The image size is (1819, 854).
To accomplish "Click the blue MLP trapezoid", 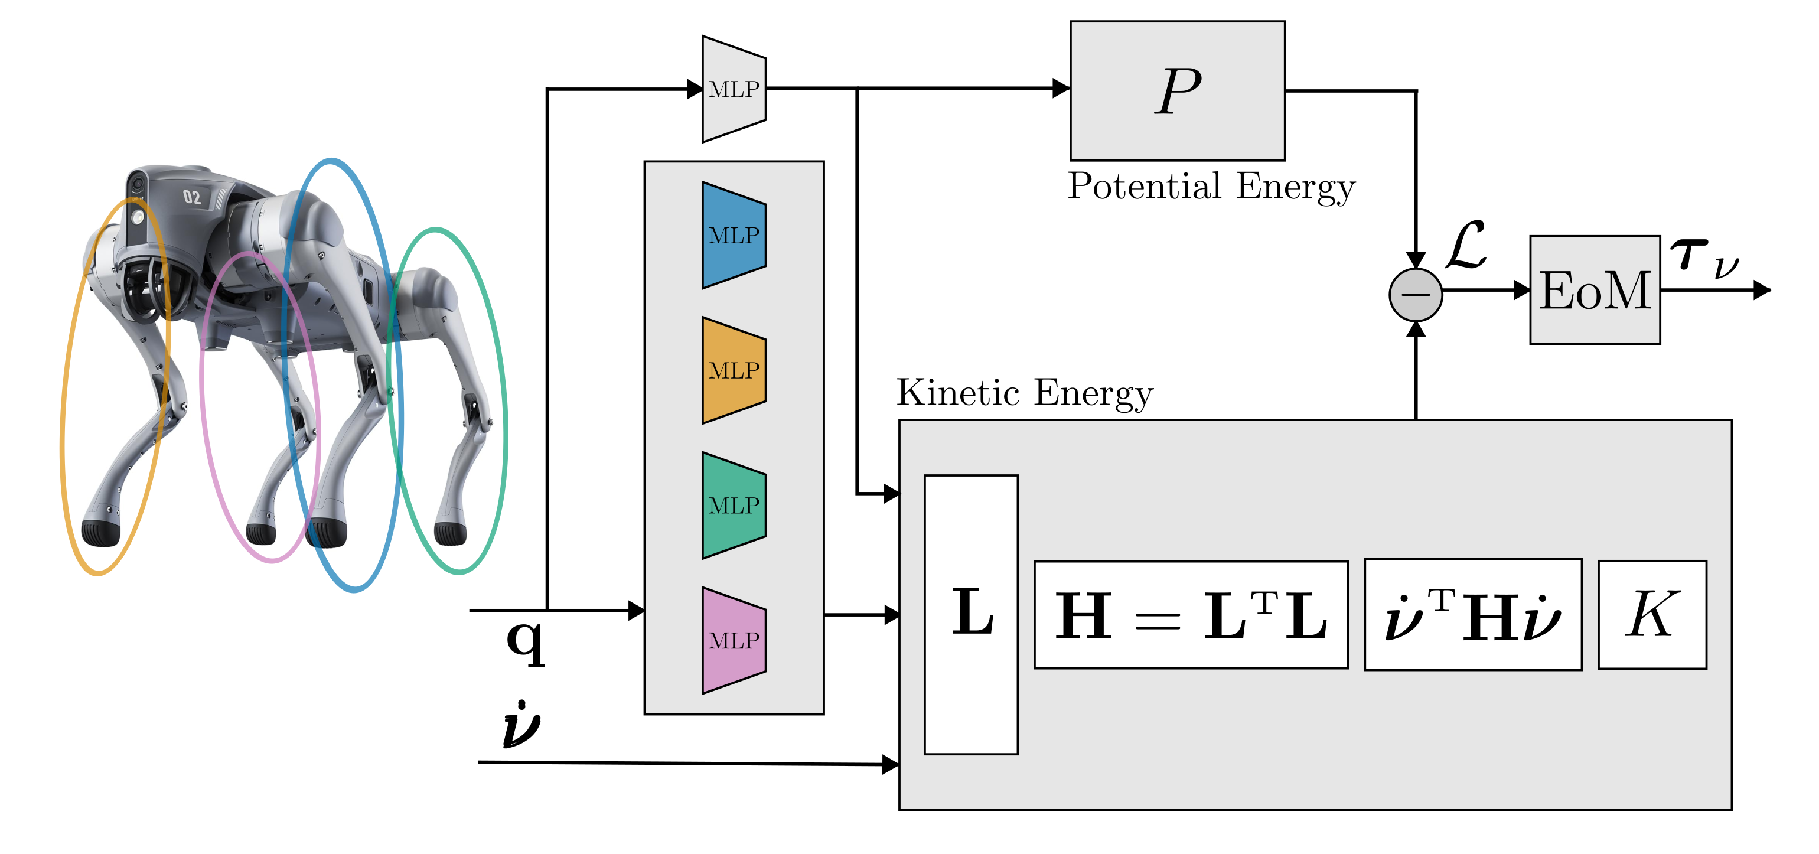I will [x=734, y=235].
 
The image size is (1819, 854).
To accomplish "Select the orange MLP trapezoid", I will [x=734, y=370].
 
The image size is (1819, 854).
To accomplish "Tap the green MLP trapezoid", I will [x=734, y=505].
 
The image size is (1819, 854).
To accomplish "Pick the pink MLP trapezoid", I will [x=734, y=640].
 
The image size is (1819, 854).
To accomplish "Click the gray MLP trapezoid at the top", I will [x=734, y=89].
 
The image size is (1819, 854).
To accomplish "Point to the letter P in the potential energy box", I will [x=1178, y=90].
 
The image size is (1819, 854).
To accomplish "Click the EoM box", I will [x=1595, y=289].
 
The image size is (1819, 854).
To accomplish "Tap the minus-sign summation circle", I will [x=1415, y=295].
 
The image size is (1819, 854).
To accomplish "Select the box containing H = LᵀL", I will [x=1191, y=615].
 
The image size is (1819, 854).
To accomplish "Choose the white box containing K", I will [x=1652, y=615].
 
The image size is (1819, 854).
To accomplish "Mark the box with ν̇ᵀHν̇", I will [x=1472, y=615].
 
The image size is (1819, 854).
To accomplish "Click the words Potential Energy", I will [x=1211, y=187].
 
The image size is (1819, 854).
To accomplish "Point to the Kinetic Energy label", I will [x=1025, y=393].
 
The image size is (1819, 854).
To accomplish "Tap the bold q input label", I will [x=526, y=641].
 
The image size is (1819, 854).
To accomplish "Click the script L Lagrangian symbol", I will [x=1466, y=245].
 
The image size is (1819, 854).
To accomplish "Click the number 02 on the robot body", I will [x=192, y=197].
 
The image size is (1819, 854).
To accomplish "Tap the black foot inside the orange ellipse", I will [x=100, y=533].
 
